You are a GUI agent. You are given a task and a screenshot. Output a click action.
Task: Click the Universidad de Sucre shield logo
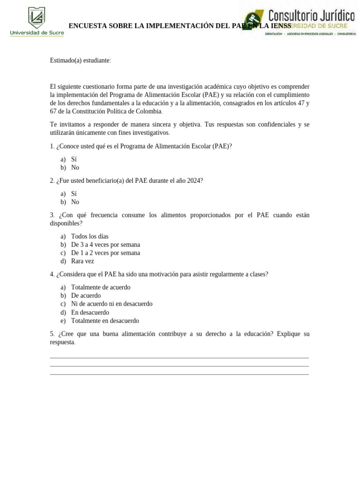click(x=37, y=18)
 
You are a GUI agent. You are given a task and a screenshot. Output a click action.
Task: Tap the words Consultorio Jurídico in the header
click(x=311, y=15)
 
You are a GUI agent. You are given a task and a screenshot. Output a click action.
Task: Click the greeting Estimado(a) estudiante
click(x=80, y=60)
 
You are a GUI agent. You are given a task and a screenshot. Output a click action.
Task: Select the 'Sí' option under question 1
click(x=74, y=159)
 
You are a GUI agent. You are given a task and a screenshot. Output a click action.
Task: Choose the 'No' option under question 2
click(x=75, y=202)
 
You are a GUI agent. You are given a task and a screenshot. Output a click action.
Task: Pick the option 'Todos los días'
click(x=90, y=236)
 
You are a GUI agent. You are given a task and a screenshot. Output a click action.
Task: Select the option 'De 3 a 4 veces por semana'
click(x=105, y=245)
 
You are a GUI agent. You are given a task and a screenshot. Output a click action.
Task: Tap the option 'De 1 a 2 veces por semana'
click(x=105, y=253)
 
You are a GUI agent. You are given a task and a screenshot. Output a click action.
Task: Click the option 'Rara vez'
click(x=82, y=262)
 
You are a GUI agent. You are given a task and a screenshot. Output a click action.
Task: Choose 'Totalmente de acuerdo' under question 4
click(x=101, y=287)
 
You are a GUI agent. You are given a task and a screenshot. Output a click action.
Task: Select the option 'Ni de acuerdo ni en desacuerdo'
click(x=112, y=304)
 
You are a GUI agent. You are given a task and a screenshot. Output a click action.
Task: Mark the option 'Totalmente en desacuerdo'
click(x=105, y=321)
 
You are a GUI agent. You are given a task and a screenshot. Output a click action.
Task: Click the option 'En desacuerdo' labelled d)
click(x=90, y=313)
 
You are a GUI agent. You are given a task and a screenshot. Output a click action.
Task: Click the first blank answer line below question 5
click(x=179, y=358)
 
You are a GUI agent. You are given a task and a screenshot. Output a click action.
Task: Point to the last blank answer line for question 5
click(x=179, y=374)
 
